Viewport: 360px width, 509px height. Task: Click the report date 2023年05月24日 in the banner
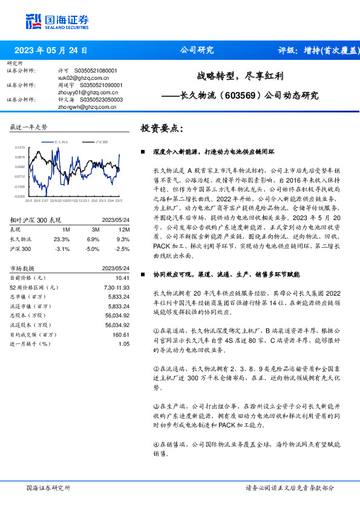pos(51,51)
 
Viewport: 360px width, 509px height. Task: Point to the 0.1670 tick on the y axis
pos(21,147)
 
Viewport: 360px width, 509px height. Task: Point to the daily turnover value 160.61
pos(121,334)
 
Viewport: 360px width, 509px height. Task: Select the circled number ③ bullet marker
pos(156,407)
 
